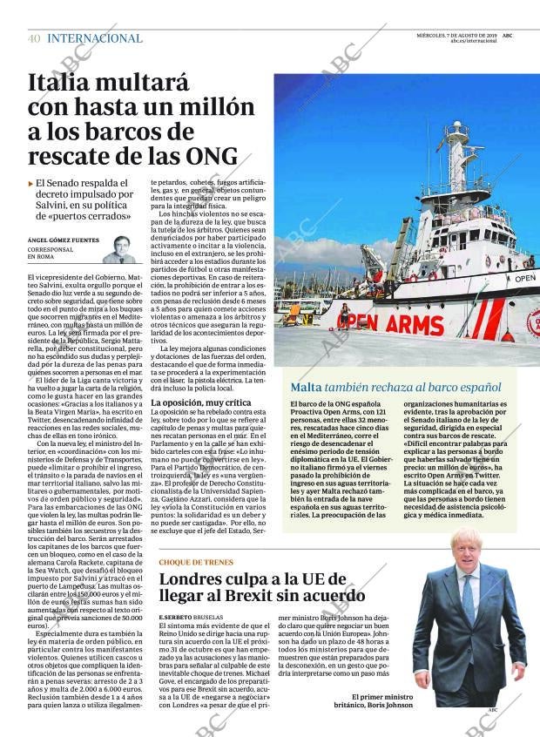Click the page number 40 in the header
click(x=34, y=38)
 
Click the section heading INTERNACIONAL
click(x=95, y=38)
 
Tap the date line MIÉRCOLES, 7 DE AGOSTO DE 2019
click(x=453, y=35)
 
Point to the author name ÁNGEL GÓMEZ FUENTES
click(x=63, y=240)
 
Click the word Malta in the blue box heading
click(x=305, y=387)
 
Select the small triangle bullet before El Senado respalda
click(x=31, y=184)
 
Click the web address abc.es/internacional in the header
click(x=469, y=41)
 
